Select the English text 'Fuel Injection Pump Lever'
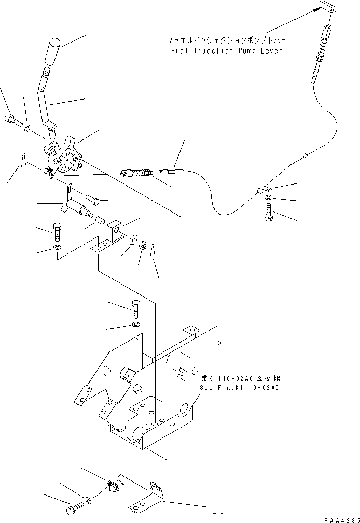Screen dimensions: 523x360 [226, 51]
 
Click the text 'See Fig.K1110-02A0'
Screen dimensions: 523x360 [239, 387]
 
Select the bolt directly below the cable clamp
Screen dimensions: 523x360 [268, 213]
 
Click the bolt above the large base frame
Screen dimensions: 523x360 [136, 309]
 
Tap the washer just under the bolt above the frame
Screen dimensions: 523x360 [135, 324]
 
